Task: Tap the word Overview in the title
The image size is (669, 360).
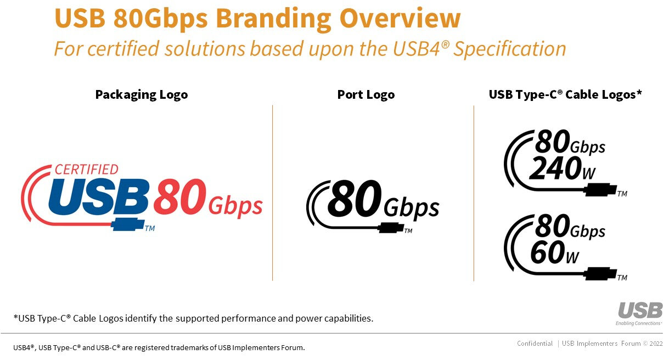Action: (400, 18)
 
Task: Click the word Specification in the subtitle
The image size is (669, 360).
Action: (509, 49)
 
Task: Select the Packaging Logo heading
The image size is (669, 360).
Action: (142, 95)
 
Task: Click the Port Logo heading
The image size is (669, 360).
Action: (366, 95)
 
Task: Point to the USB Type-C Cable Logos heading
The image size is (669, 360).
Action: (565, 94)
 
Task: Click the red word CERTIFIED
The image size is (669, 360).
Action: (87, 170)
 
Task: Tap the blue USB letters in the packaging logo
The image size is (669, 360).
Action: (99, 197)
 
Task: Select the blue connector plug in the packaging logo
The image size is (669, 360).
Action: (128, 224)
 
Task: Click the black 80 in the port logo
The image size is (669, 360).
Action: (355, 198)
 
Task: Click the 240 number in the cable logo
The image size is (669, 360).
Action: (555, 168)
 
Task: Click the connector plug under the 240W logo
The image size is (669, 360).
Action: (600, 190)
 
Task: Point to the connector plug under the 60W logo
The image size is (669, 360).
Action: (600, 274)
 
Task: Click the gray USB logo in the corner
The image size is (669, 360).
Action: (640, 310)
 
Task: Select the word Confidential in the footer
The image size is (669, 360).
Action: (535, 344)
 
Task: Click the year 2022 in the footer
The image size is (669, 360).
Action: (656, 344)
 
